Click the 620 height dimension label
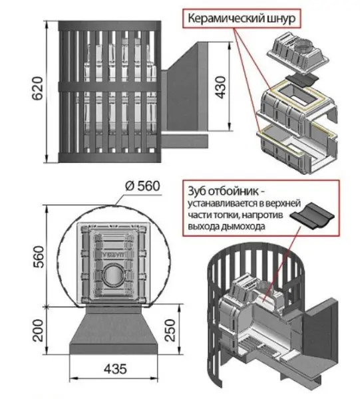(37, 88)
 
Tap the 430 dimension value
(220, 87)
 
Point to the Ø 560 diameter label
(143, 186)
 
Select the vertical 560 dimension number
(39, 257)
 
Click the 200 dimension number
(38, 331)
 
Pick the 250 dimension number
(170, 330)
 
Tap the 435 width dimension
(115, 369)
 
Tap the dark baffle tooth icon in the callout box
(312, 215)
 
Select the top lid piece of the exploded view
(297, 55)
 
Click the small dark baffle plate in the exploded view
(301, 81)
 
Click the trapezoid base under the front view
(114, 330)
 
